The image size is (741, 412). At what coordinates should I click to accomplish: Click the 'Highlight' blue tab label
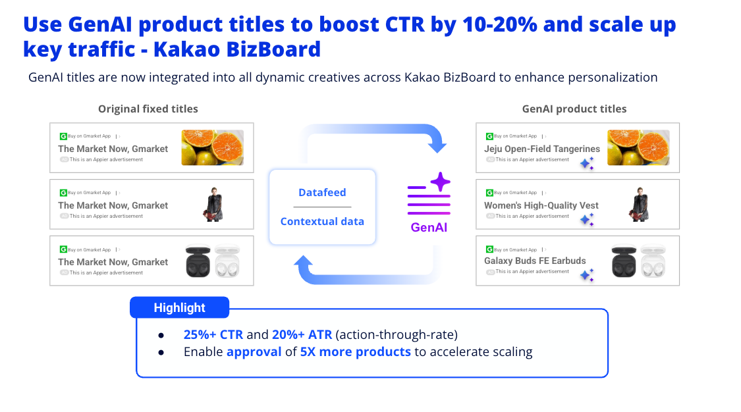click(x=180, y=308)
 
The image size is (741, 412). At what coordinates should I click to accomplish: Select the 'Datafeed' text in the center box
click(x=322, y=193)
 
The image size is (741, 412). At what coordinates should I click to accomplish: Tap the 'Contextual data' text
click(x=322, y=221)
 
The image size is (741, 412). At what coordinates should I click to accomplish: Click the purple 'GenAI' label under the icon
click(x=429, y=228)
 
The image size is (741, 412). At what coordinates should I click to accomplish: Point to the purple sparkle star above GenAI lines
click(x=441, y=182)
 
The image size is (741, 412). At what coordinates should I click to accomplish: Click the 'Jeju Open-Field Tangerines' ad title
click(x=541, y=149)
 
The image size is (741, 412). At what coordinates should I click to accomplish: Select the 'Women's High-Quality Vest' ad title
click(x=541, y=205)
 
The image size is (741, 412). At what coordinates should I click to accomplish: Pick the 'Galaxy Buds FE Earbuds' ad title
click(x=534, y=261)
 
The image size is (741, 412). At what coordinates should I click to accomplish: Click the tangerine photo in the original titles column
click(x=213, y=147)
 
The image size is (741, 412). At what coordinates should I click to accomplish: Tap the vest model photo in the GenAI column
click(x=640, y=204)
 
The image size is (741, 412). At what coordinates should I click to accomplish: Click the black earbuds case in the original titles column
click(x=198, y=261)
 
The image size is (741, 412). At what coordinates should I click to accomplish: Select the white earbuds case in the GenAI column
click(x=653, y=261)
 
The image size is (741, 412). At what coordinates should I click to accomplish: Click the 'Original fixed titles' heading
click(x=148, y=109)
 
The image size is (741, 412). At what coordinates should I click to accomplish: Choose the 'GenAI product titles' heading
click(x=574, y=109)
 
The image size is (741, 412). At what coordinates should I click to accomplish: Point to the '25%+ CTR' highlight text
click(x=213, y=334)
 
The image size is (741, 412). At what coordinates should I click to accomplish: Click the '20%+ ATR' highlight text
click(x=302, y=334)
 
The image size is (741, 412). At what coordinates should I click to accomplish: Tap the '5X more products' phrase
click(x=356, y=351)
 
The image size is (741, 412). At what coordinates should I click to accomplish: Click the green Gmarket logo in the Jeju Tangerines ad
click(x=489, y=136)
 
